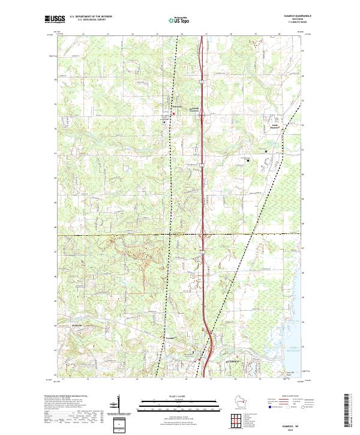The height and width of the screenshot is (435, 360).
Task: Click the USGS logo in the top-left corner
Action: (x=53, y=19)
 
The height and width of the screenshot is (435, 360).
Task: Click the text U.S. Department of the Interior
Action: (x=91, y=16)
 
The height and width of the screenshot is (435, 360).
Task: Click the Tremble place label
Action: (x=170, y=338)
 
